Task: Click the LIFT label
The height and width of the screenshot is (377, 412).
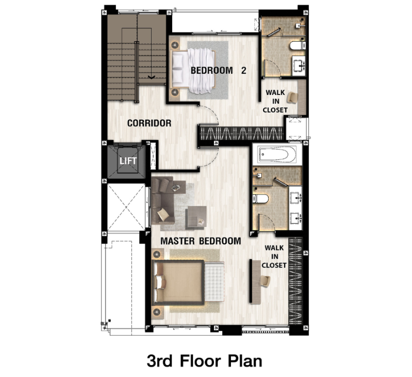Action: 128,160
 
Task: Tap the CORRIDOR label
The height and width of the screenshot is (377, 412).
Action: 149,123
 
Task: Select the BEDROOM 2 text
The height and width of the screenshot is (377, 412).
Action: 218,71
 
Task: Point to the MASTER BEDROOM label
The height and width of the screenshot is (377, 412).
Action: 201,241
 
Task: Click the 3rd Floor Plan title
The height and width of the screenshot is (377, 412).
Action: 204,360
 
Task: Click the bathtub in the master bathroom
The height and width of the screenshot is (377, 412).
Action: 277,154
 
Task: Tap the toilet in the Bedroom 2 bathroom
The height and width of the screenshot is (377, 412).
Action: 298,46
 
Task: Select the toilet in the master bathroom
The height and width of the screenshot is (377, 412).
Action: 260,199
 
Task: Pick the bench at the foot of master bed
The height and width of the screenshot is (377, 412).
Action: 215,282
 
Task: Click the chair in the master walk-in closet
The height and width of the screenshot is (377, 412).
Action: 266,281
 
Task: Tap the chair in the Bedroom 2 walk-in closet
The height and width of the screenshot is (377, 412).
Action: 292,97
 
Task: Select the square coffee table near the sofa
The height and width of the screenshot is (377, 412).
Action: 196,217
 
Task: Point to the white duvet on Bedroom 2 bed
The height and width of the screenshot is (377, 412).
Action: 201,71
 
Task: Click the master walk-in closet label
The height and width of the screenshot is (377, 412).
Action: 274,256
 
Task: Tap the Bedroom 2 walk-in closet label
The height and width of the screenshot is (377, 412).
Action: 275,101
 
